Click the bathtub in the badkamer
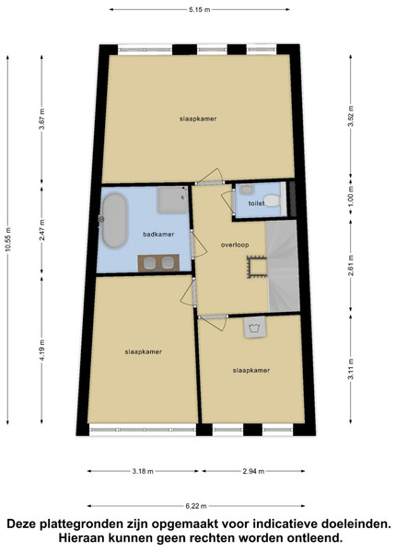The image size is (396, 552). (x=114, y=221)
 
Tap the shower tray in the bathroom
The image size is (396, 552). (x=172, y=200)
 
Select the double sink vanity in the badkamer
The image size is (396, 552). (x=158, y=262)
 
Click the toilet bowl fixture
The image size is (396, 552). (x=272, y=201)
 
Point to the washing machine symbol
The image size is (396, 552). (x=255, y=328)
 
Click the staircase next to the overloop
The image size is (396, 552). (x=283, y=266)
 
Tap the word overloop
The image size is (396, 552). (x=235, y=245)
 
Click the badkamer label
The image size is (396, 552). (x=158, y=234)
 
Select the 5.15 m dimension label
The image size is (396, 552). (x=199, y=10)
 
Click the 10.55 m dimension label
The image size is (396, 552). (x=7, y=239)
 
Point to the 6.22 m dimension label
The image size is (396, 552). (x=196, y=506)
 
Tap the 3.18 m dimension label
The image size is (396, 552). (x=143, y=471)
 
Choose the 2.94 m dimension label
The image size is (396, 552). (x=253, y=471)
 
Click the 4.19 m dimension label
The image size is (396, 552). (x=41, y=350)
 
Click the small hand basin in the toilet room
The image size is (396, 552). (x=246, y=190)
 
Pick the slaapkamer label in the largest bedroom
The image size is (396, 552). (x=198, y=119)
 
